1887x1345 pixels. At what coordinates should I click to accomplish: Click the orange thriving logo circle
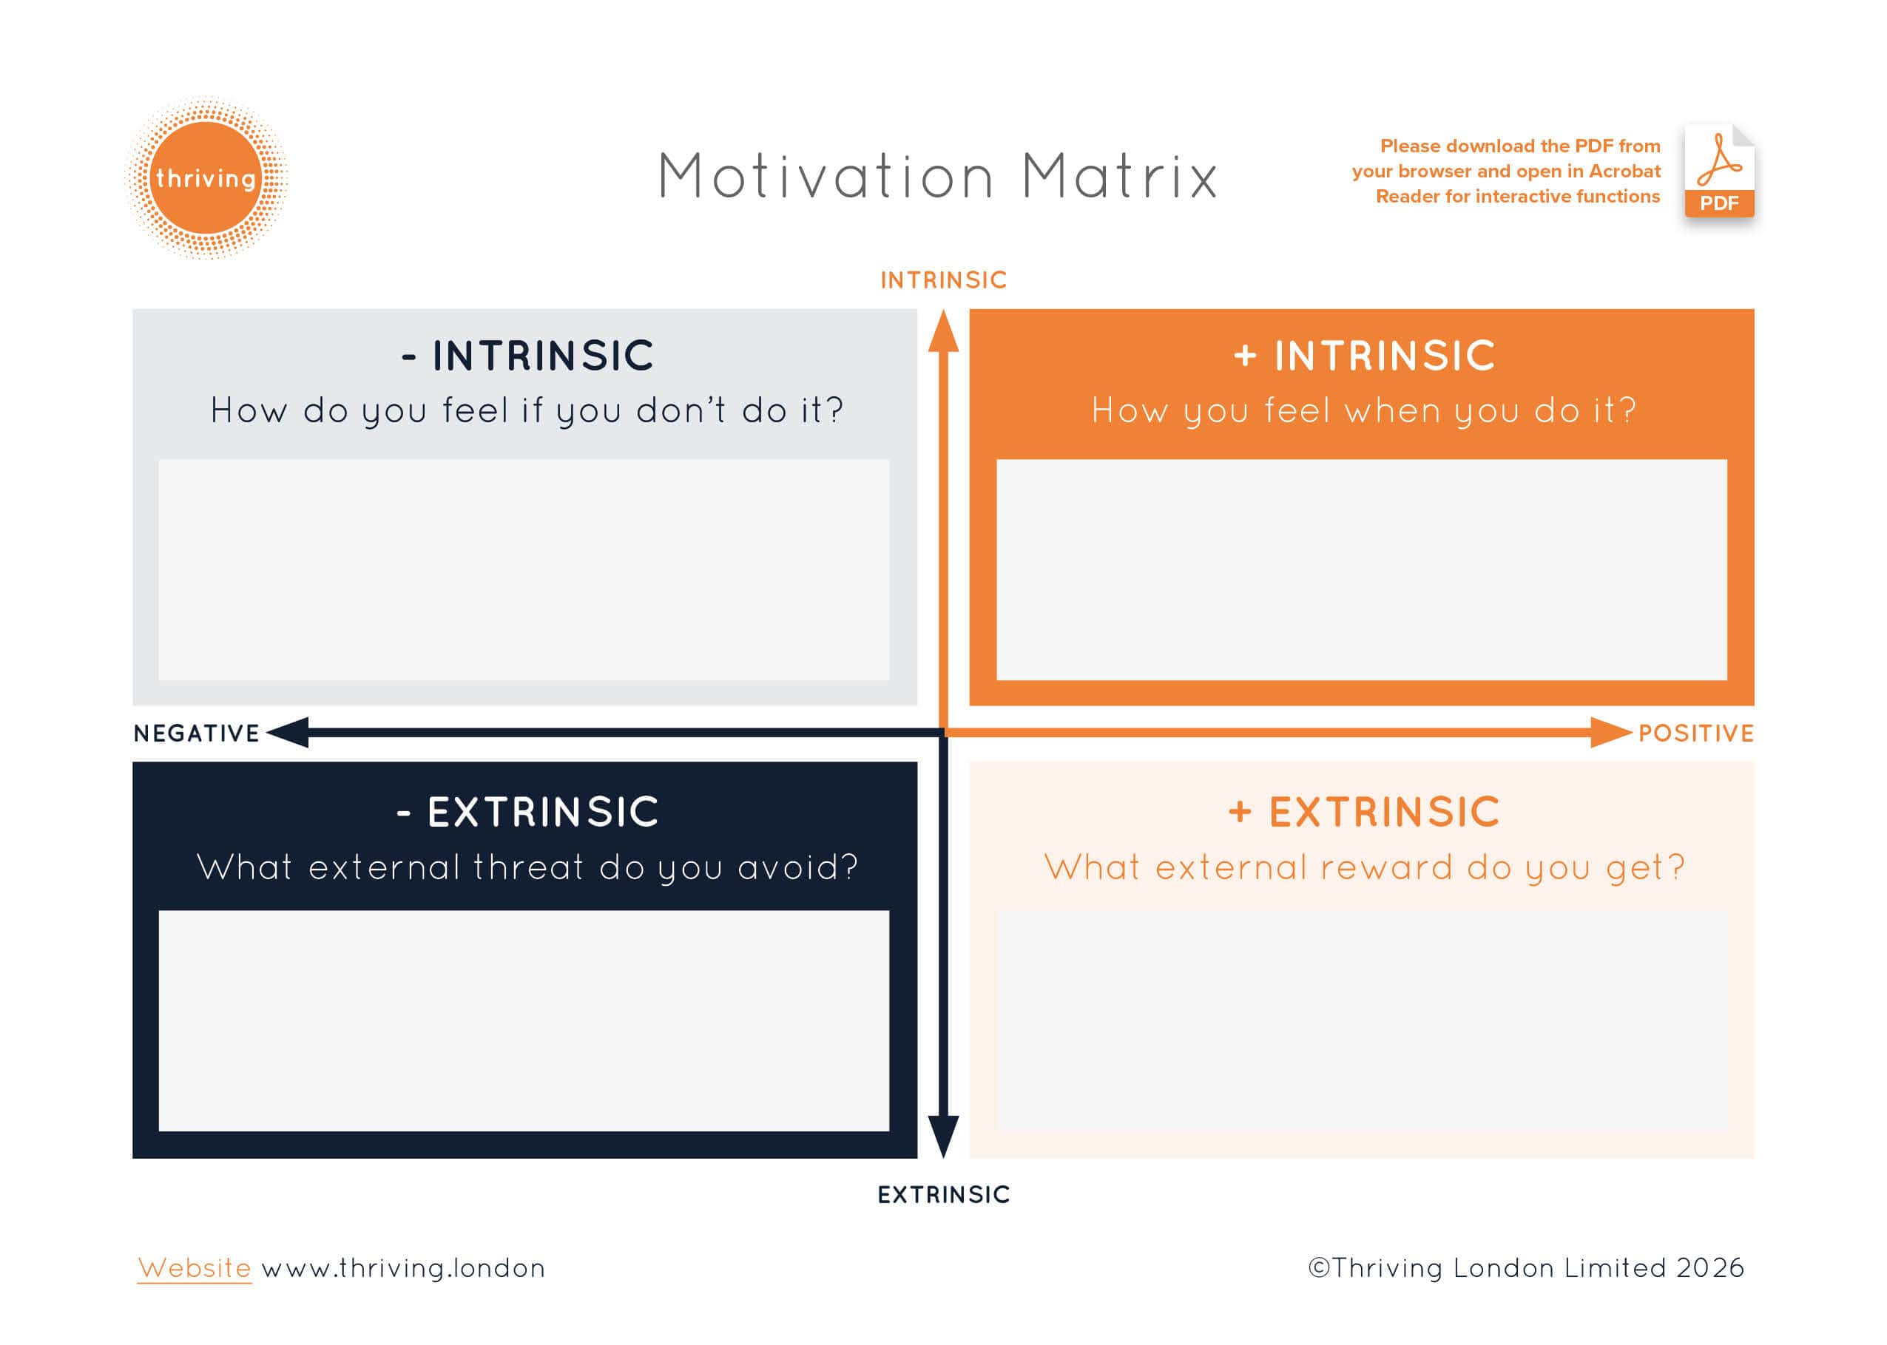tap(206, 178)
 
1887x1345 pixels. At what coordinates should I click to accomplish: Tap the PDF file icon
tap(1719, 172)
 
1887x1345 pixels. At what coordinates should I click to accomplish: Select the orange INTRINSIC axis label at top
tap(944, 280)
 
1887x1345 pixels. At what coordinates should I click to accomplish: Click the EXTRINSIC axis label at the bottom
tap(944, 1194)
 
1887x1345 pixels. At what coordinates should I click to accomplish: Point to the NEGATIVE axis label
tap(196, 733)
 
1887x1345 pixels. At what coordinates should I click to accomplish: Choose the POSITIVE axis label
tap(1695, 733)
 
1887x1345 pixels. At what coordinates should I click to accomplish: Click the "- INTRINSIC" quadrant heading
tap(527, 356)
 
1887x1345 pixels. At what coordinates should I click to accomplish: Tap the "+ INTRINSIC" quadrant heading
tap(1364, 356)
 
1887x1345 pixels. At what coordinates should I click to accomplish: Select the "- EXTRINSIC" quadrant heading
tap(527, 812)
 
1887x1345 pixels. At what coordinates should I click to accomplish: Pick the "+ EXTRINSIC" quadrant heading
tap(1364, 812)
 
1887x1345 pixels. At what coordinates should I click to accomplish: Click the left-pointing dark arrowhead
tap(288, 733)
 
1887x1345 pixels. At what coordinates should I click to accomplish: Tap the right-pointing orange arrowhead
tap(1611, 733)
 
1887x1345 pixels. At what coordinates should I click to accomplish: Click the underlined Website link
tap(195, 1268)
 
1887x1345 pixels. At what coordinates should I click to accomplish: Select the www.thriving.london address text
tap(403, 1268)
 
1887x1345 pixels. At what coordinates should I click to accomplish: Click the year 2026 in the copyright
tap(1709, 1268)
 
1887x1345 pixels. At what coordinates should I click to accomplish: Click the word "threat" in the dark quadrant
tap(528, 867)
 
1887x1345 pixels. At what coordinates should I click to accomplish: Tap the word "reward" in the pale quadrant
tap(1387, 867)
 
